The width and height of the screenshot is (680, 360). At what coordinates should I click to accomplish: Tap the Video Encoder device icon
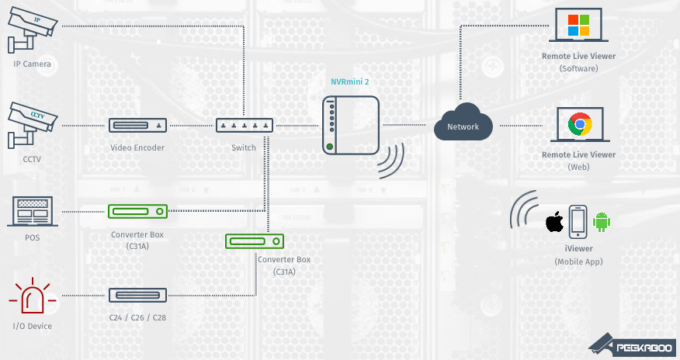pyautogui.click(x=137, y=125)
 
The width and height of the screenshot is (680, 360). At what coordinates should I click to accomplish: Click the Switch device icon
pyautogui.click(x=244, y=125)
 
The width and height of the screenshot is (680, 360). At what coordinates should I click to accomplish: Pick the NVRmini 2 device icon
pyautogui.click(x=351, y=124)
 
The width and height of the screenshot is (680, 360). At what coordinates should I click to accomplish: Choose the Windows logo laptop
pyautogui.click(x=578, y=26)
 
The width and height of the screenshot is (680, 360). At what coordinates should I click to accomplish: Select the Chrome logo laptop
pyautogui.click(x=578, y=124)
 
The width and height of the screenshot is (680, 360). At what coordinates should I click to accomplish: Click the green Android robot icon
pyautogui.click(x=602, y=222)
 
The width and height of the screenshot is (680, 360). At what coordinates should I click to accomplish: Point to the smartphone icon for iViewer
pyautogui.click(x=578, y=222)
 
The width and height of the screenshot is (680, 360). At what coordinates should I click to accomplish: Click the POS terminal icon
pyautogui.click(x=32, y=210)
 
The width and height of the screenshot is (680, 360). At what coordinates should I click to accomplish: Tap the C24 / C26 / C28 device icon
pyautogui.click(x=137, y=295)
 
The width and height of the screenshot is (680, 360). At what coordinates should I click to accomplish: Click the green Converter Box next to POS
pyautogui.click(x=137, y=210)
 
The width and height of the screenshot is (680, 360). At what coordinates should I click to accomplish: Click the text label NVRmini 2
pyautogui.click(x=350, y=81)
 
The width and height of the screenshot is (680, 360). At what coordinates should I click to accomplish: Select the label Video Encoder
pyautogui.click(x=137, y=147)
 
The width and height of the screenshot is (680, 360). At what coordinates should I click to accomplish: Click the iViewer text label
pyautogui.click(x=578, y=248)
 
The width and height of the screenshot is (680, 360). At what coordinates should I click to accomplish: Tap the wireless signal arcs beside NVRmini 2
pyautogui.click(x=392, y=160)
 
